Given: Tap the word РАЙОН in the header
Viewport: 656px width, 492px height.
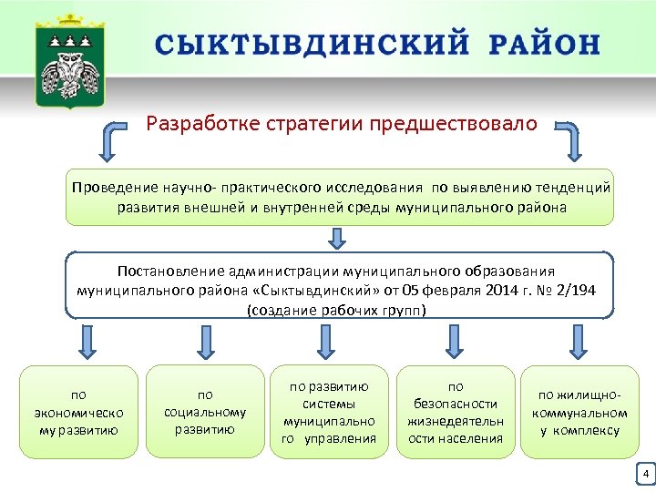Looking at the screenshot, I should [544, 45].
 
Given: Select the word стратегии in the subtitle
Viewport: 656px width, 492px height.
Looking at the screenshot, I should [316, 123].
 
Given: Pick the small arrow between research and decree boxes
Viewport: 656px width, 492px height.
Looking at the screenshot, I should [338, 238].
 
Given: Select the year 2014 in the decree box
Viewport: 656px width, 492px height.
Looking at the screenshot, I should [492, 291].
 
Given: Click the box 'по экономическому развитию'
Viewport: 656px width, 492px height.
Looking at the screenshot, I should [78, 413].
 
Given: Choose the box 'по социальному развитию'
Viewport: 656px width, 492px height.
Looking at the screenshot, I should [205, 413].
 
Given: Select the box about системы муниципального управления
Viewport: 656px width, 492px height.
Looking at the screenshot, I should [329, 413].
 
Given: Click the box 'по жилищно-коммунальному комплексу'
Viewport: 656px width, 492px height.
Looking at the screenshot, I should [579, 413].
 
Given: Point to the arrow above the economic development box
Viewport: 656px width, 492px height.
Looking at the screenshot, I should [86, 340].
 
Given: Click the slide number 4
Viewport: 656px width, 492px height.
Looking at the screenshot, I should [645, 475].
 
